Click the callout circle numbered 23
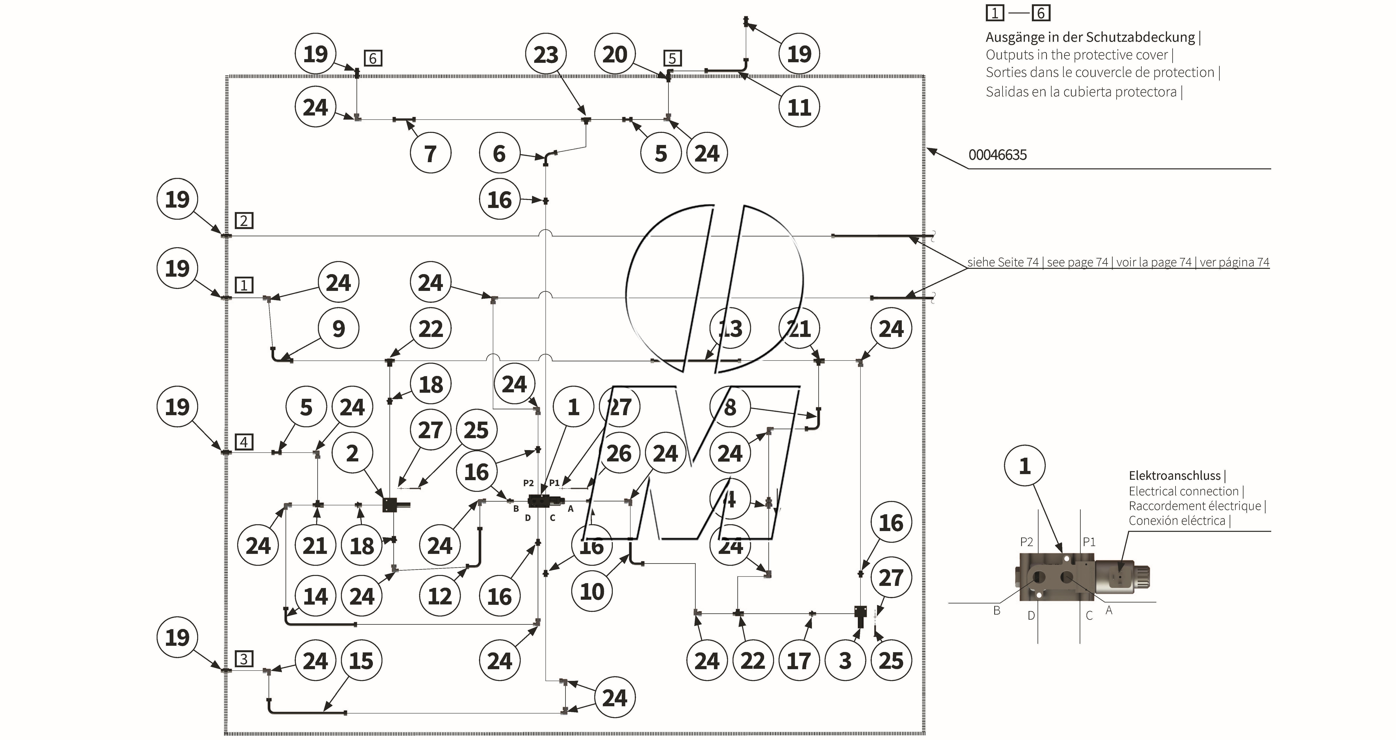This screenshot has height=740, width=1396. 546,54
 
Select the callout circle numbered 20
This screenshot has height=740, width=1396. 615,54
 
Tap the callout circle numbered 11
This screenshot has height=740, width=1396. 799,107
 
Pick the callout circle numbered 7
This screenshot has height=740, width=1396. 430,153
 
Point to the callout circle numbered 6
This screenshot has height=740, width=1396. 499,153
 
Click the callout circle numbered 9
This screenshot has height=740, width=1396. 338,328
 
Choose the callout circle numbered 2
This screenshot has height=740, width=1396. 352,453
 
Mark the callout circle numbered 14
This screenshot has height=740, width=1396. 315,596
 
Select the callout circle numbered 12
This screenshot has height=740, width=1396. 440,596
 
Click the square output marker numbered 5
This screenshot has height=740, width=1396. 672,58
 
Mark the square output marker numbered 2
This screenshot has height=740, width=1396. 244,221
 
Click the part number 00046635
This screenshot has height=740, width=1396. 997,155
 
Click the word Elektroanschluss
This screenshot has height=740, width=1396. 1174,475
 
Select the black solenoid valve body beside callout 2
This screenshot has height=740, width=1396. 391,505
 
